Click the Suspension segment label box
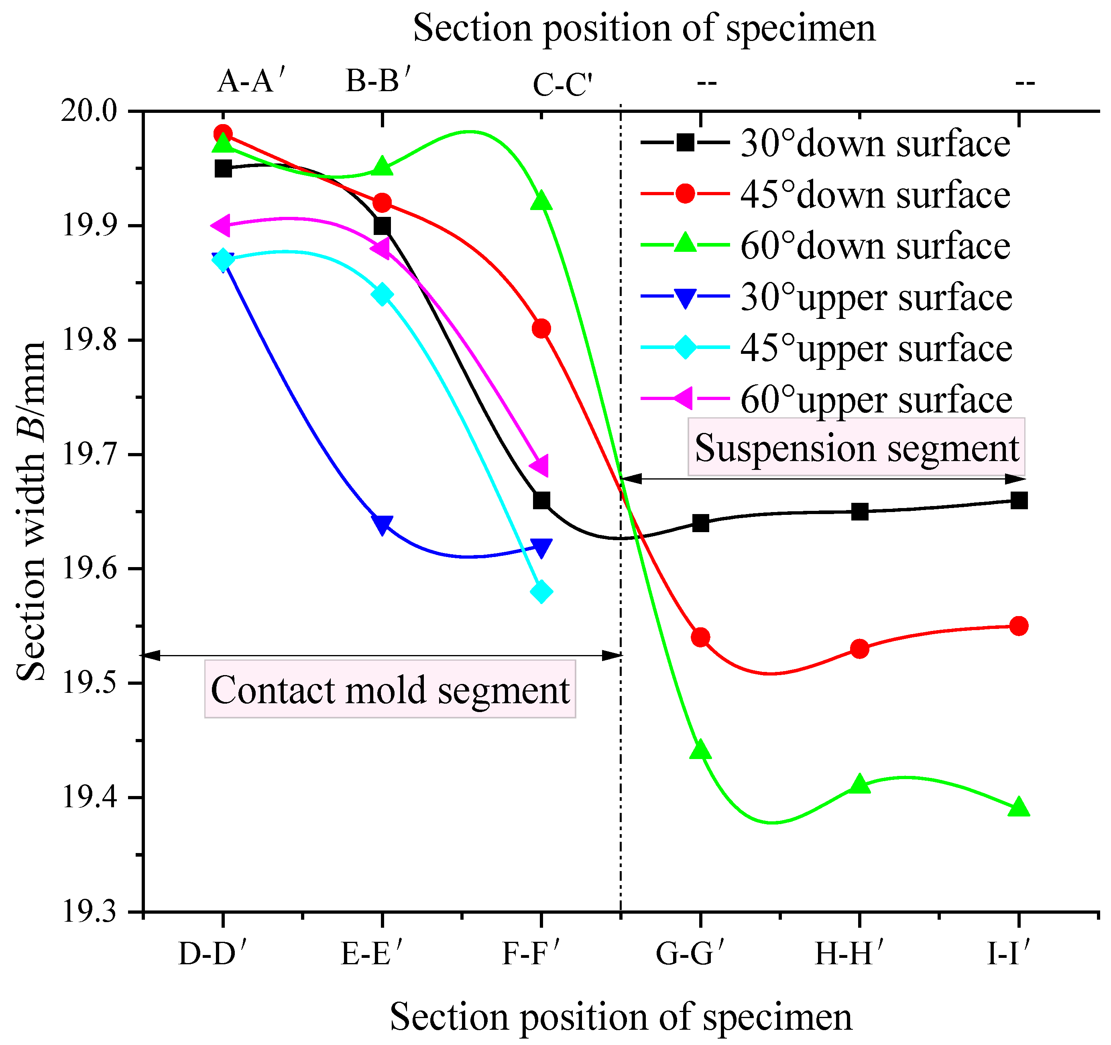click(856, 448)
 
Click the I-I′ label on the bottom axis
click(1008, 954)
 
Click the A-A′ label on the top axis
click(252, 82)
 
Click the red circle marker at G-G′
click(700, 637)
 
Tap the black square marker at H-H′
click(859, 512)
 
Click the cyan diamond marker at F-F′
click(541, 592)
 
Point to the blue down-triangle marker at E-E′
click(382, 525)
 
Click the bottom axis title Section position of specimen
click(621, 1017)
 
